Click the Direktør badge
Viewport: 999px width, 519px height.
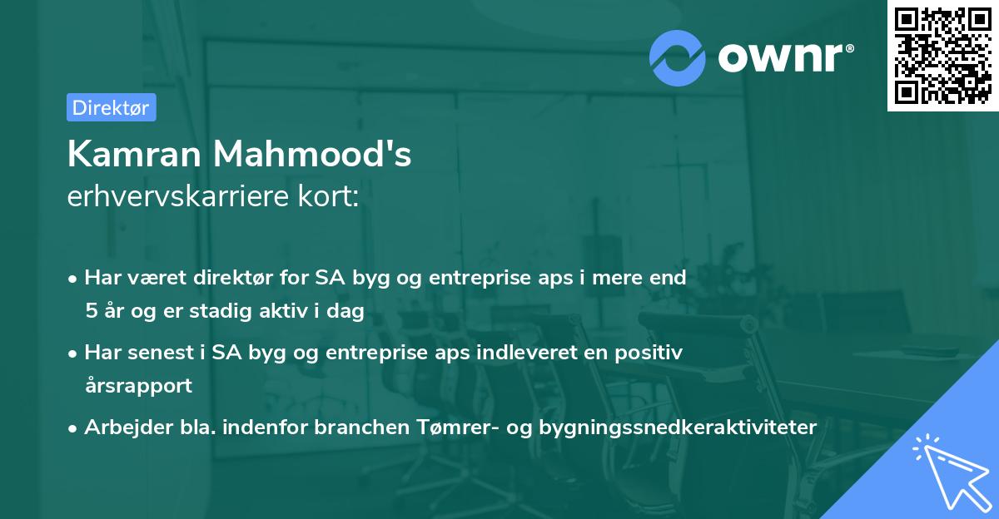111,107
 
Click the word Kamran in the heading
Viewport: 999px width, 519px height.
132,154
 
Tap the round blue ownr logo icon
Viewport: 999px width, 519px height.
678,57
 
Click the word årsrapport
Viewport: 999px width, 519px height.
138,385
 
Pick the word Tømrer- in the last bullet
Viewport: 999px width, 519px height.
445,427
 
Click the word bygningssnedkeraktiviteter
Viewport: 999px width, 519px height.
678,427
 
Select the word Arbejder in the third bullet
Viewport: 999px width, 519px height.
119,427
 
